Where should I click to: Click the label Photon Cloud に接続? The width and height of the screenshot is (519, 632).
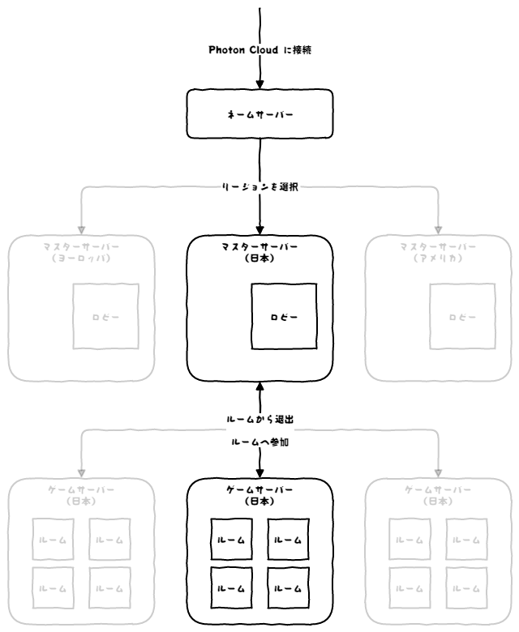[259, 49]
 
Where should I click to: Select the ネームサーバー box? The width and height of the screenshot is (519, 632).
[259, 114]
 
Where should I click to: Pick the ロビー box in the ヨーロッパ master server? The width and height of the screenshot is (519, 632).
[105, 316]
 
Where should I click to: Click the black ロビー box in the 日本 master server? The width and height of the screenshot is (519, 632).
[284, 316]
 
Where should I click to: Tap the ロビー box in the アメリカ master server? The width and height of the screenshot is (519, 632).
[462, 316]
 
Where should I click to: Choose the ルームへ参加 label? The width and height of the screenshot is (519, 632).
[259, 443]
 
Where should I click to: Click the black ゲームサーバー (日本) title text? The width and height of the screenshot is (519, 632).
[260, 496]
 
